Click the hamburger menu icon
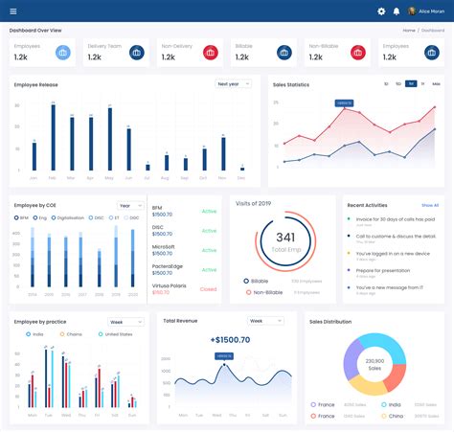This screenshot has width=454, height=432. (13, 11)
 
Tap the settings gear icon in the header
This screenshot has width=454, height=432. (381, 11)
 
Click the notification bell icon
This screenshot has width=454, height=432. (397, 11)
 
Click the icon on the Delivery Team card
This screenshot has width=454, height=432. (136, 53)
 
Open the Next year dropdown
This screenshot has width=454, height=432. (233, 84)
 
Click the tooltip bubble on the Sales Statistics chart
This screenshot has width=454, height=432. (344, 102)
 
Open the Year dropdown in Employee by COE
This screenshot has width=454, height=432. (128, 205)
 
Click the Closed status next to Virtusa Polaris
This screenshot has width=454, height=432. (208, 288)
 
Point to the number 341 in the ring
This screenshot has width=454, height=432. (285, 237)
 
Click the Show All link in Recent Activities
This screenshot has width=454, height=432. (430, 205)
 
